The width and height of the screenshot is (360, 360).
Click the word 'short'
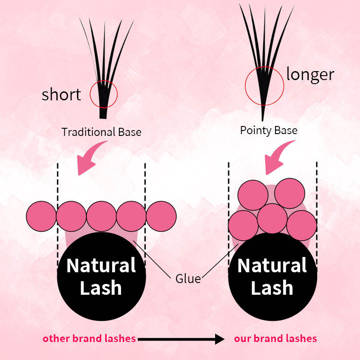tap(61, 94)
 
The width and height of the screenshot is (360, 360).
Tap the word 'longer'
tap(310, 74)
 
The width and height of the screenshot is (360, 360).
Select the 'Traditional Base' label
tap(101, 132)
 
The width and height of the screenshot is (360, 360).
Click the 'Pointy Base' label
tap(269, 130)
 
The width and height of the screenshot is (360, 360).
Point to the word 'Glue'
tap(188, 279)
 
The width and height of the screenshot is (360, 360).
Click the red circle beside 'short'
tap(103, 94)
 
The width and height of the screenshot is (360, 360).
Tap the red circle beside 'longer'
tap(264, 84)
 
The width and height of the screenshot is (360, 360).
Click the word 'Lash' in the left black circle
tap(101, 288)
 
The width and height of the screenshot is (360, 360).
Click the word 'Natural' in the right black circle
tap(272, 265)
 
